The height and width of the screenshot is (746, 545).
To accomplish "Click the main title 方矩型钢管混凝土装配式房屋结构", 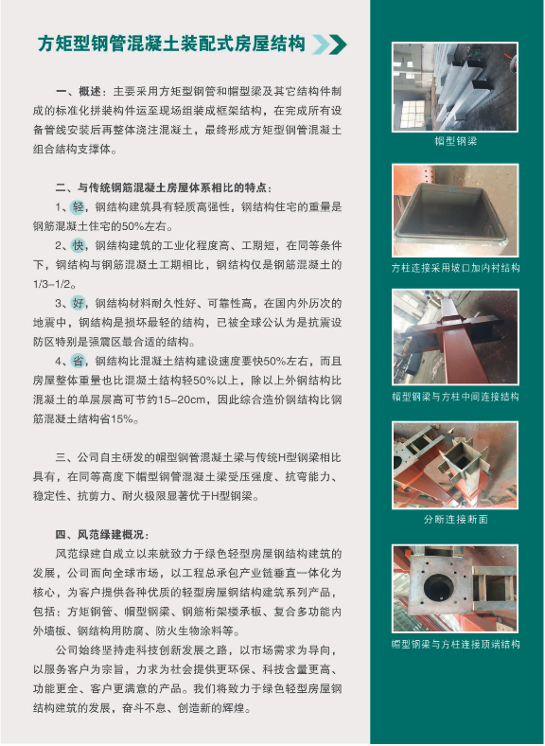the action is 171,44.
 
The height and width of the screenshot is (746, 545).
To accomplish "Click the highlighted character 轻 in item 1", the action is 78,207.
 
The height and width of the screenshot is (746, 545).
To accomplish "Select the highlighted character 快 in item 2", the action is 78,245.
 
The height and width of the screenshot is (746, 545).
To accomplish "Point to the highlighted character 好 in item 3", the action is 78,303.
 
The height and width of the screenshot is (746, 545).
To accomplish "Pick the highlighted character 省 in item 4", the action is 78,361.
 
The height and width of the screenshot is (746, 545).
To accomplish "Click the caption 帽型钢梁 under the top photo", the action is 455,141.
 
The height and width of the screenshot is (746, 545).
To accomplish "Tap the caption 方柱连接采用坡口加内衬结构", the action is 455,268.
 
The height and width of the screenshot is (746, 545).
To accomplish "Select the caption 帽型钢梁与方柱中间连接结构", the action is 455,397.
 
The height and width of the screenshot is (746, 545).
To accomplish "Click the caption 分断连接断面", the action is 455,519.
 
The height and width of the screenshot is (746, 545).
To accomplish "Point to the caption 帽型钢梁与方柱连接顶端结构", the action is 455,644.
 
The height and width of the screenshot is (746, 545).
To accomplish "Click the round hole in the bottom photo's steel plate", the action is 437,588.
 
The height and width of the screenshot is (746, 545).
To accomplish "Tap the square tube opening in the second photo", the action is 449,212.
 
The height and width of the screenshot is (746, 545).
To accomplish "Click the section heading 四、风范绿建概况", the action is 102,534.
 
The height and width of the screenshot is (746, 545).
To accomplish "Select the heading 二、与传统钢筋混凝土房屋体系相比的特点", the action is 163,187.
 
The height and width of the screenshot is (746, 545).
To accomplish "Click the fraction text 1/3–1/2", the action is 51,284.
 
